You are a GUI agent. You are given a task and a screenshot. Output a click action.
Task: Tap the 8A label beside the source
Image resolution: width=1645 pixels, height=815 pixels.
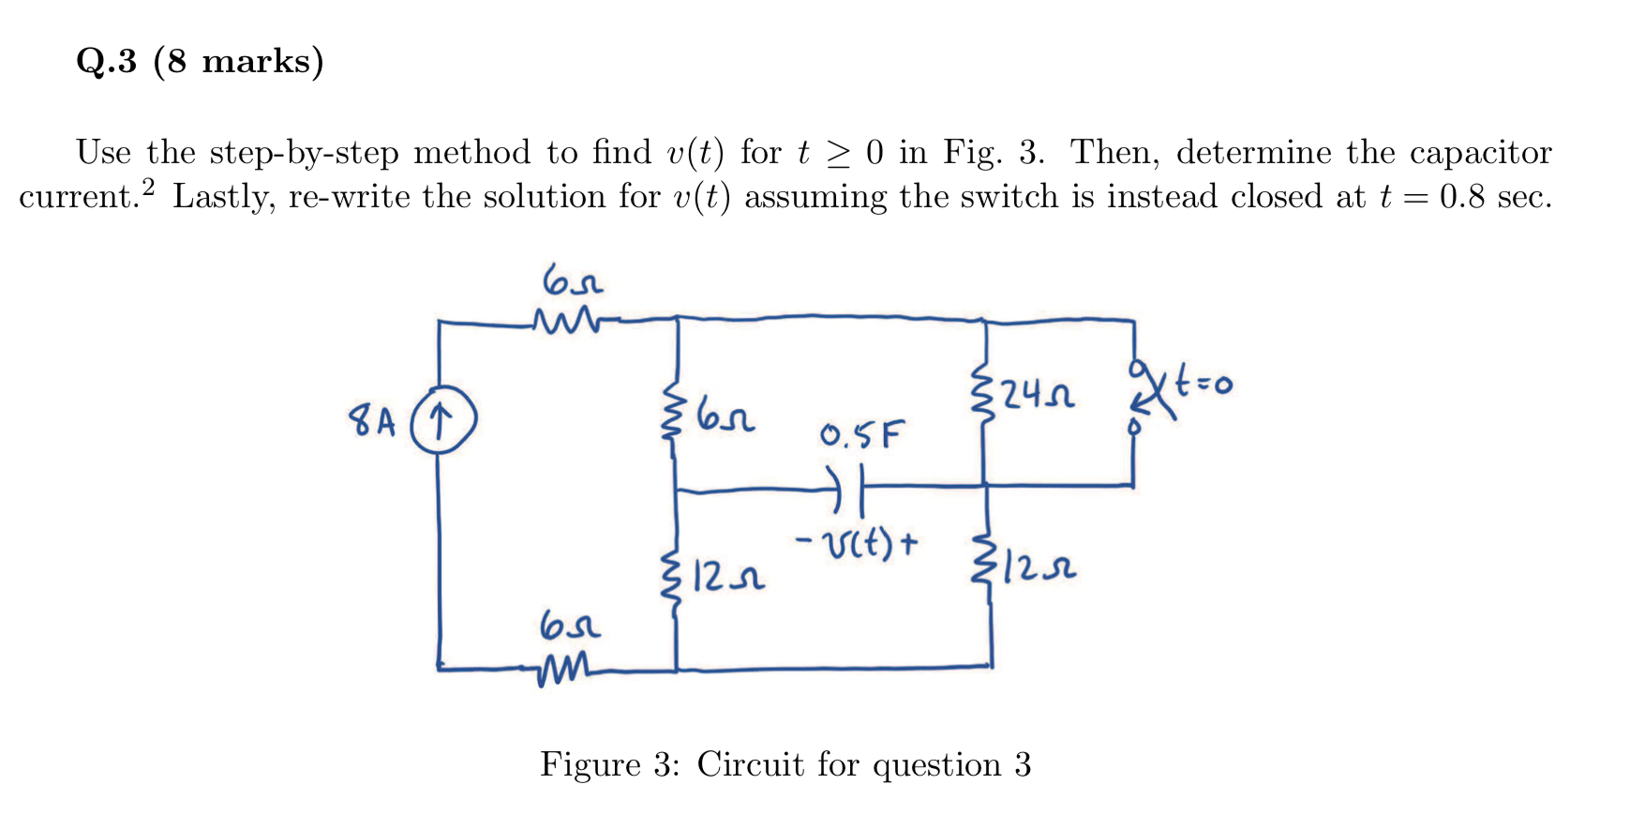[x=373, y=421]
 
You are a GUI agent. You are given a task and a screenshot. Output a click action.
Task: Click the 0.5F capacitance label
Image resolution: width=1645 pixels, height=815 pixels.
[x=861, y=434]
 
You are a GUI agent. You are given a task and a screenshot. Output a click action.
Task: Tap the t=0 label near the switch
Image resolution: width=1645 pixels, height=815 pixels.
[x=1205, y=383]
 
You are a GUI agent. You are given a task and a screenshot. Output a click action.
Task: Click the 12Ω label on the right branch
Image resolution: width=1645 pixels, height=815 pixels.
[x=1039, y=566]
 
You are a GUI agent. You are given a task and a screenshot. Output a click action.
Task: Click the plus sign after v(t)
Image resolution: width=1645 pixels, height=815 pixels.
[x=907, y=541]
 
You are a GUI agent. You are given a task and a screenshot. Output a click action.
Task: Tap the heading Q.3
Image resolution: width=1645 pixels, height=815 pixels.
[x=107, y=62]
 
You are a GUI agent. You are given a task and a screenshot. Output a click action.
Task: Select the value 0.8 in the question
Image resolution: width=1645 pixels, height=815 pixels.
[x=1462, y=197]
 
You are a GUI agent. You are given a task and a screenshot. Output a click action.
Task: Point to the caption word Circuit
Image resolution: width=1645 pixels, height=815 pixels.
[x=750, y=764]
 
